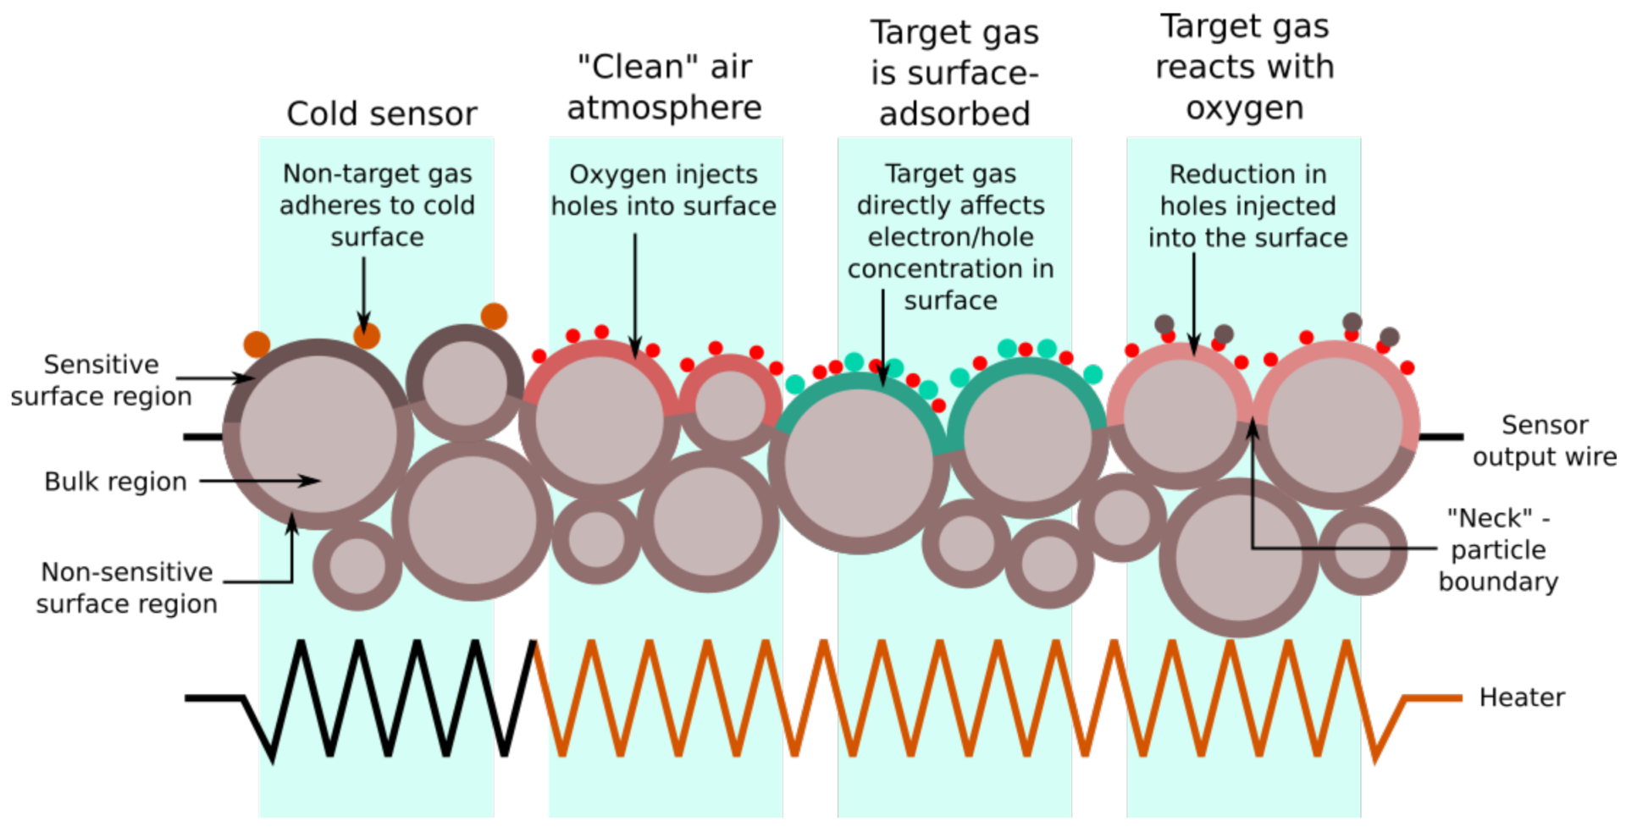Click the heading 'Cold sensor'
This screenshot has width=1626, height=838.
[381, 113]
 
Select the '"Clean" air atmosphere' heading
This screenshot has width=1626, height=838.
[664, 87]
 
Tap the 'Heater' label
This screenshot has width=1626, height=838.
[1522, 697]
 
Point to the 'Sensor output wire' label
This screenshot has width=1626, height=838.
[1544, 440]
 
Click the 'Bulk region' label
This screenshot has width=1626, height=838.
[115, 482]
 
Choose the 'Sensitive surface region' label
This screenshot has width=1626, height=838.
[101, 380]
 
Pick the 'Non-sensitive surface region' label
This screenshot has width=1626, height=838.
[126, 588]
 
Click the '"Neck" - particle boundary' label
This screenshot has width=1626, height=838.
[1498, 550]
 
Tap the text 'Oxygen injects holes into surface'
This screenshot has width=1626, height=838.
[663, 190]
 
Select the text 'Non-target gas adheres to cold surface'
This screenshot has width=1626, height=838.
[377, 205]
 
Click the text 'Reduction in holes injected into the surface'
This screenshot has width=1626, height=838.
[1247, 206]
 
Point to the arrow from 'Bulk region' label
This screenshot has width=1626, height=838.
[258, 481]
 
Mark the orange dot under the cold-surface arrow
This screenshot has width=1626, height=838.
[367, 336]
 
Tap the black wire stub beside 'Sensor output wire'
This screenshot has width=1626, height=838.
[1441, 437]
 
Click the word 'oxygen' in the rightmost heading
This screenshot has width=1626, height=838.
[1244, 108]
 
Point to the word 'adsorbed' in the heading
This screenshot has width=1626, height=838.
[954, 113]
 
